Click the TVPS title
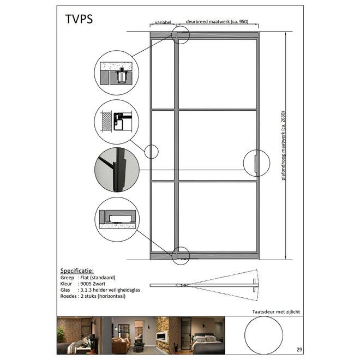pyautogui.click(x=79, y=19)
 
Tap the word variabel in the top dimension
pyautogui.click(x=163, y=22)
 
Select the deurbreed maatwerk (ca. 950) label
pyautogui.click(x=217, y=22)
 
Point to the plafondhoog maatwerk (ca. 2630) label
pyautogui.click(x=283, y=146)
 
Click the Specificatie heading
pyautogui.click(x=77, y=271)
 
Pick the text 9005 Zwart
pyautogui.click(x=93, y=284)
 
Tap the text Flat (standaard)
pyautogui.click(x=98, y=278)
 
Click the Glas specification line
pyautogui.click(x=100, y=290)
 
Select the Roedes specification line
pyautogui.click(x=93, y=296)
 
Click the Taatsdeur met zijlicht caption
pyautogui.click(x=276, y=312)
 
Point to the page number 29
pyautogui.click(x=299, y=350)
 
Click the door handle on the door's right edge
pyautogui.click(x=256, y=163)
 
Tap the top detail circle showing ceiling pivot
pyautogui.click(x=117, y=73)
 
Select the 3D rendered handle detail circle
pyautogui.click(x=117, y=170)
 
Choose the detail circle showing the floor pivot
pyautogui.click(x=117, y=219)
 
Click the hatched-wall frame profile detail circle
pyautogui.click(x=117, y=122)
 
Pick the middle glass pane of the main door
pyautogui.click(x=218, y=145)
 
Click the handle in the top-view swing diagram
pyautogui.click(x=254, y=285)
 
